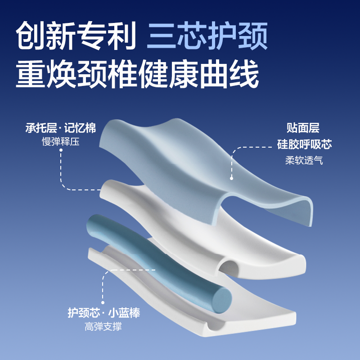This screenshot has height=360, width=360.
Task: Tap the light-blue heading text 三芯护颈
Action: pos(207,35)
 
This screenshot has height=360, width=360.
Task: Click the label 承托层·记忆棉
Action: pos(61,128)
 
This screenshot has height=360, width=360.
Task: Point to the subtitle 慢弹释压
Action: pos(61,142)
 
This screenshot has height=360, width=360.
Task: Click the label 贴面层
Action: pos(303,128)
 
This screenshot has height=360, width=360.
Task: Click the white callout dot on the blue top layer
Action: pos(232,178)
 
